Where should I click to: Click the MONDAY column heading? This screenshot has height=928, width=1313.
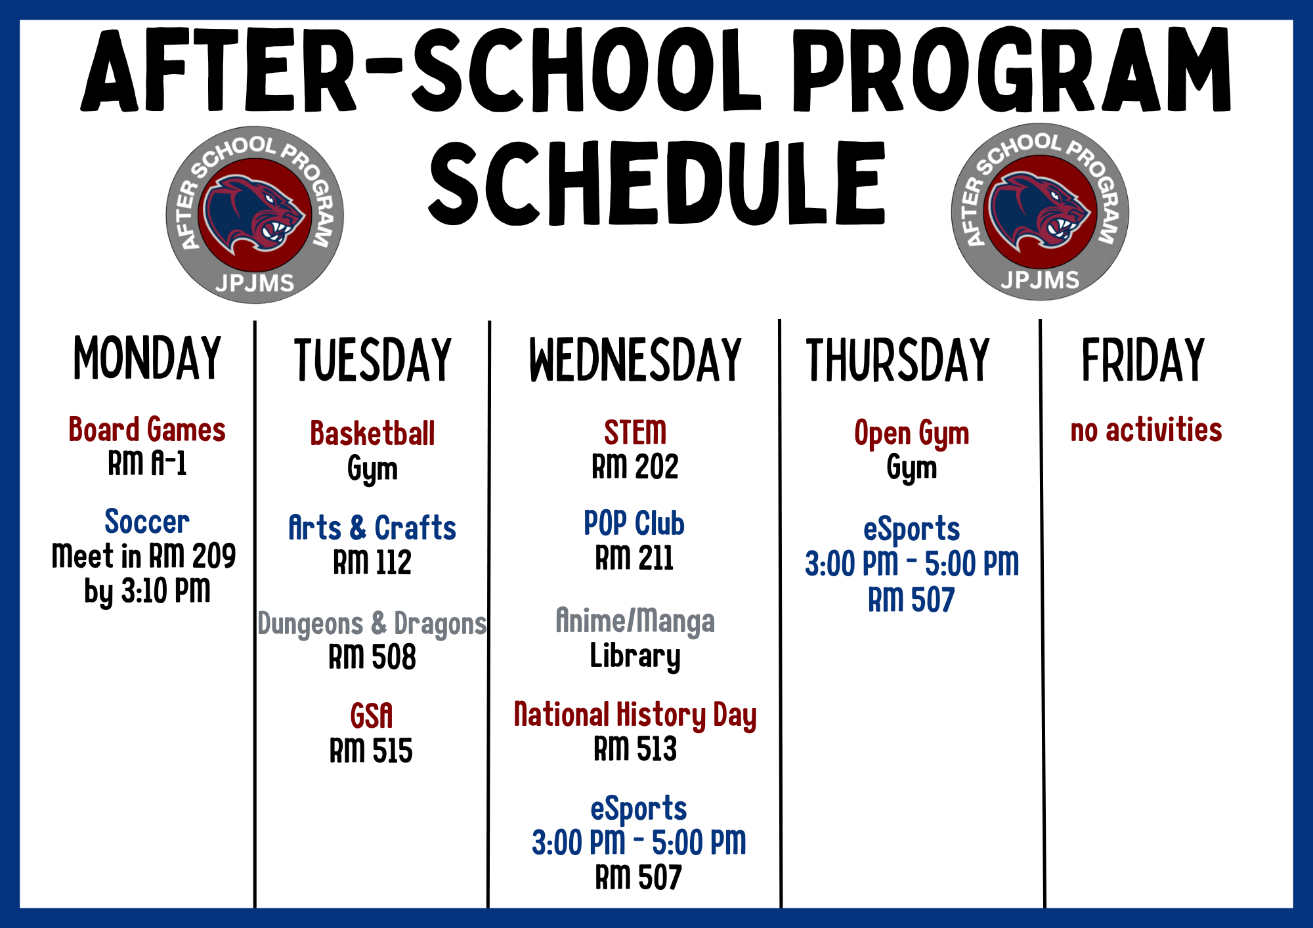pyautogui.click(x=147, y=358)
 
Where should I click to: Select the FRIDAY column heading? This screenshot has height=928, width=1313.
pyautogui.click(x=1143, y=360)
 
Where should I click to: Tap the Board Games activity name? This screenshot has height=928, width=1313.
pyautogui.click(x=147, y=430)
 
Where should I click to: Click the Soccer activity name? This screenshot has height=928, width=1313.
pyautogui.click(x=147, y=522)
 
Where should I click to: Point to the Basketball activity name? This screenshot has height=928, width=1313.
pyautogui.click(x=372, y=434)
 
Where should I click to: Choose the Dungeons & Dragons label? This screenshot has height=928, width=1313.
pyautogui.click(x=372, y=623)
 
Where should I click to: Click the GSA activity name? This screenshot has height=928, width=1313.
pyautogui.click(x=372, y=716)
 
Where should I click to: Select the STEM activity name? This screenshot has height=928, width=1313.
pyautogui.click(x=635, y=432)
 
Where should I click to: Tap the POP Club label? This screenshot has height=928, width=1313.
pyautogui.click(x=634, y=524)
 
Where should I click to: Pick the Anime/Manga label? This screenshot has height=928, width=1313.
pyautogui.click(x=635, y=621)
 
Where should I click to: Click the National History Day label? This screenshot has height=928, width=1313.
pyautogui.click(x=635, y=715)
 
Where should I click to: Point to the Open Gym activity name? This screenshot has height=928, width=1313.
pyautogui.click(x=912, y=434)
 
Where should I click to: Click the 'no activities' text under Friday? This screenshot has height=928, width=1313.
pyautogui.click(x=1146, y=430)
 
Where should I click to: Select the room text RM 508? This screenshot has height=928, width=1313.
pyautogui.click(x=372, y=657)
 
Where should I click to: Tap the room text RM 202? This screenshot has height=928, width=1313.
pyautogui.click(x=635, y=467)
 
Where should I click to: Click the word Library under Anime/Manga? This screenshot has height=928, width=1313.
pyautogui.click(x=635, y=656)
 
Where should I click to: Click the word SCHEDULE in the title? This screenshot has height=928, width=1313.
pyautogui.click(x=657, y=184)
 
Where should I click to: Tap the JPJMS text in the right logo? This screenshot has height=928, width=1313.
pyautogui.click(x=1040, y=280)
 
